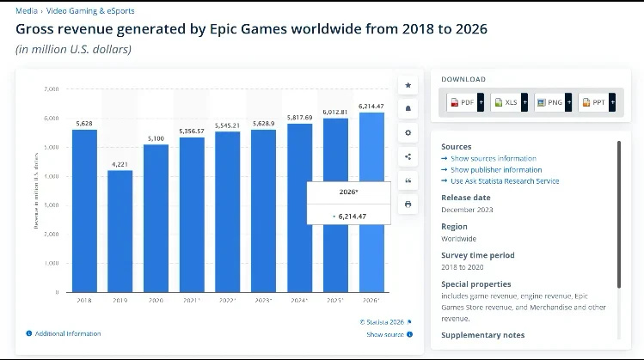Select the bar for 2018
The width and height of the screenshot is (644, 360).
[x=84, y=211]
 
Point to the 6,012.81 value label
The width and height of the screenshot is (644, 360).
[x=335, y=112]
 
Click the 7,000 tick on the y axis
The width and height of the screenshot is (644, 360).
[x=52, y=88]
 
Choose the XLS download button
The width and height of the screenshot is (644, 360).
[x=508, y=102]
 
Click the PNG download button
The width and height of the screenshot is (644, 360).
[x=552, y=102]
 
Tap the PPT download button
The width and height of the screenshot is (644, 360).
[x=596, y=102]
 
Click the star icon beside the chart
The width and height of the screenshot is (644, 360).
[x=408, y=85]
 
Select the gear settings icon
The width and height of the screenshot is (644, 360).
[x=408, y=132]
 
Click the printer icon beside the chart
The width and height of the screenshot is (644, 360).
[x=408, y=204]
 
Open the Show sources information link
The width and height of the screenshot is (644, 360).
[x=493, y=158]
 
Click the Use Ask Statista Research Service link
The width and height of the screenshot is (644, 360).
[x=505, y=181]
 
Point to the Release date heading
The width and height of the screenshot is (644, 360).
[x=465, y=197]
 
